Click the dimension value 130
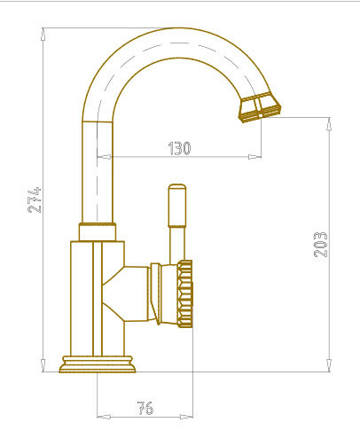pos(179,148)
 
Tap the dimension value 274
pos(35,199)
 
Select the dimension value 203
pos(320,245)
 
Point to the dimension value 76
pos(145,408)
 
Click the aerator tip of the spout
pos(260,107)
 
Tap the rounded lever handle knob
pos(177,206)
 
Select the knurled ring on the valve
pos(185,293)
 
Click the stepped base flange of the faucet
pos(98,364)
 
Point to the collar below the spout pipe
pos(98,232)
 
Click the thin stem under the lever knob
pos(177,245)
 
